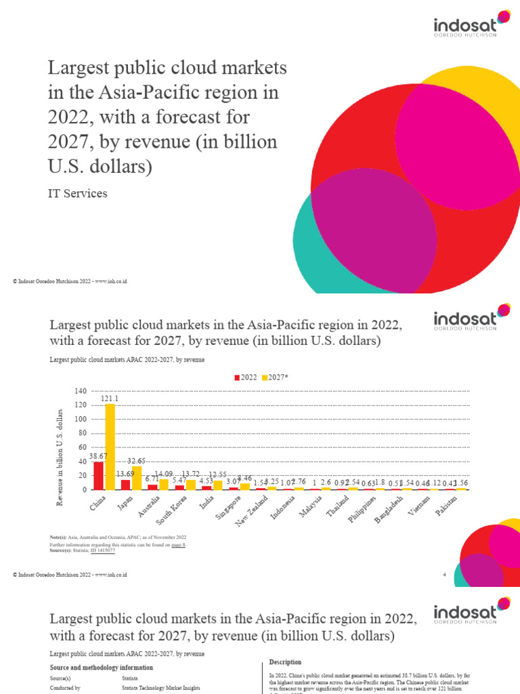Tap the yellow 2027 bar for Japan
137,478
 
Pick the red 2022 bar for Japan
126,485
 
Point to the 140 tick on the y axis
81,391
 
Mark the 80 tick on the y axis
83,433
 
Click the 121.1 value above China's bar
110,399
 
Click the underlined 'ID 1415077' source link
102,551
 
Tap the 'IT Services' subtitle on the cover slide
76,193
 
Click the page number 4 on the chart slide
443,575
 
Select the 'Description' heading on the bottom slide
285,661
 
